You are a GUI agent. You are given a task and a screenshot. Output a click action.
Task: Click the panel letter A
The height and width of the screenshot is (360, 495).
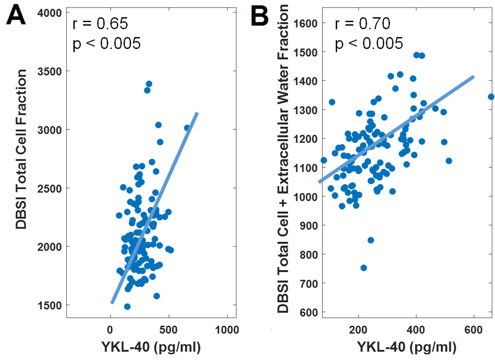click(x=16, y=15)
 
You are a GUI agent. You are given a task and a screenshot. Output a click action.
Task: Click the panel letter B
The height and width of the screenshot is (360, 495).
click(x=260, y=15)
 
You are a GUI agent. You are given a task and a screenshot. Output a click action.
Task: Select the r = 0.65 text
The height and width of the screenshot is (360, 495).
click(x=100, y=24)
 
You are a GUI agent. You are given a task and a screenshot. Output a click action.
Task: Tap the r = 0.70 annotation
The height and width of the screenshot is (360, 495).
click(x=363, y=24)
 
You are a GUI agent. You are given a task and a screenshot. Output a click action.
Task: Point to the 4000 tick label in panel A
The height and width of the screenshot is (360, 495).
click(x=49, y=13)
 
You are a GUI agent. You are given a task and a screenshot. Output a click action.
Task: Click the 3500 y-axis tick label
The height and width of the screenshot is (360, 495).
click(x=49, y=71)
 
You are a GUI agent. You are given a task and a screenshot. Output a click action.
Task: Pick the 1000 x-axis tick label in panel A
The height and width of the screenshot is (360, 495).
click(x=227, y=330)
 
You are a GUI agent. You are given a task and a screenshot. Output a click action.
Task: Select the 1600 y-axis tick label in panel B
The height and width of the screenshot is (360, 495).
click(x=306, y=23)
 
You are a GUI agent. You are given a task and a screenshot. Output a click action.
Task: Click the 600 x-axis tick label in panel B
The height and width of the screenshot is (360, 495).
click(x=473, y=330)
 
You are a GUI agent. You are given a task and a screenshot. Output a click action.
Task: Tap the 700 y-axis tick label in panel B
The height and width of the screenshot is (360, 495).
click(x=309, y=283)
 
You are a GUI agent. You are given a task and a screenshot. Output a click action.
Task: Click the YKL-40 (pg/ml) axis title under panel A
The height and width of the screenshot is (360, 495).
click(x=151, y=346)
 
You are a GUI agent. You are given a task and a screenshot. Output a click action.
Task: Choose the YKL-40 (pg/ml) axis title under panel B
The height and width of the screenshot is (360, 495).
click(x=406, y=346)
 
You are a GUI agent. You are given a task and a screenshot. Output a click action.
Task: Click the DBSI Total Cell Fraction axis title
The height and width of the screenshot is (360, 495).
click(x=21, y=149)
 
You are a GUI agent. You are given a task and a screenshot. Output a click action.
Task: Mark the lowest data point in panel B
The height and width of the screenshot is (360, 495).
click(x=364, y=268)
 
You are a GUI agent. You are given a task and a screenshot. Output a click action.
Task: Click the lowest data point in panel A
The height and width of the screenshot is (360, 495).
click(x=127, y=306)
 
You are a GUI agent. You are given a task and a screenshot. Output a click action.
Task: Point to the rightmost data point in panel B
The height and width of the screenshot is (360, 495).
click(x=491, y=97)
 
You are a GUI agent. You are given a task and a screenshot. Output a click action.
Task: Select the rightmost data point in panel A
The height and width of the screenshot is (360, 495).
click(x=187, y=128)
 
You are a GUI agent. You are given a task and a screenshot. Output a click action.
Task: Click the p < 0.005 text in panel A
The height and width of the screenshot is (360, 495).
click(x=107, y=44)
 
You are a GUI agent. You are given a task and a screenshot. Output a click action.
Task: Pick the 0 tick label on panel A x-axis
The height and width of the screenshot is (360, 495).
click(x=110, y=330)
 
